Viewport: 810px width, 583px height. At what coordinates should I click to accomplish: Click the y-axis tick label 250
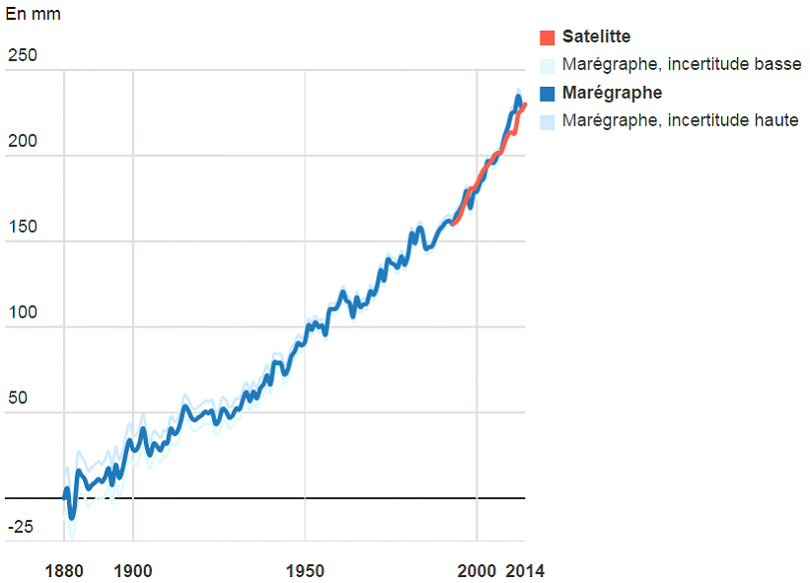[22, 55]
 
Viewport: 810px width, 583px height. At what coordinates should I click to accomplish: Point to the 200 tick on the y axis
[22, 141]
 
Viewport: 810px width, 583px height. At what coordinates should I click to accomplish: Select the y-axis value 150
[22, 227]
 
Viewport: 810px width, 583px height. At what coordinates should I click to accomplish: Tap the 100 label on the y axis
[22, 313]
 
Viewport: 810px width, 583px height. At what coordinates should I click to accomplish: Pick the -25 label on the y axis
[21, 527]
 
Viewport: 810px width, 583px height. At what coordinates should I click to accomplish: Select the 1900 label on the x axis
[133, 571]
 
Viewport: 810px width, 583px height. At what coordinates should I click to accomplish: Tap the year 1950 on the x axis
[305, 571]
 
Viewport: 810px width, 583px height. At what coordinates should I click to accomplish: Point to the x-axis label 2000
[477, 571]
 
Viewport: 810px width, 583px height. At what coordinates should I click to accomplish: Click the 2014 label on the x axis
[525, 571]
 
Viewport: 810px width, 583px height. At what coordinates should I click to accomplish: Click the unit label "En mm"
[33, 15]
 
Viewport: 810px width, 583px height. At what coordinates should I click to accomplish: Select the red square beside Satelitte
[547, 37]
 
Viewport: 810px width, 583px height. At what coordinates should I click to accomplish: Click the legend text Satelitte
[596, 37]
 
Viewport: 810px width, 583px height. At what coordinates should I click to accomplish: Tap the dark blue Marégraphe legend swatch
[547, 94]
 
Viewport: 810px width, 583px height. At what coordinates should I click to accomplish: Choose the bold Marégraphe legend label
[612, 94]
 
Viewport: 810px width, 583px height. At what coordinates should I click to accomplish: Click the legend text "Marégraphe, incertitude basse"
[682, 65]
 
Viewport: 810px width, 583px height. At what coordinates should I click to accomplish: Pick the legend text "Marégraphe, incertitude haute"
[680, 121]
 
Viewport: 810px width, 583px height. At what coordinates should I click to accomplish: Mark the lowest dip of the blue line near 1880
[72, 516]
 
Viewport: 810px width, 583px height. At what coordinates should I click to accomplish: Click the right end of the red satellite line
[525, 105]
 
